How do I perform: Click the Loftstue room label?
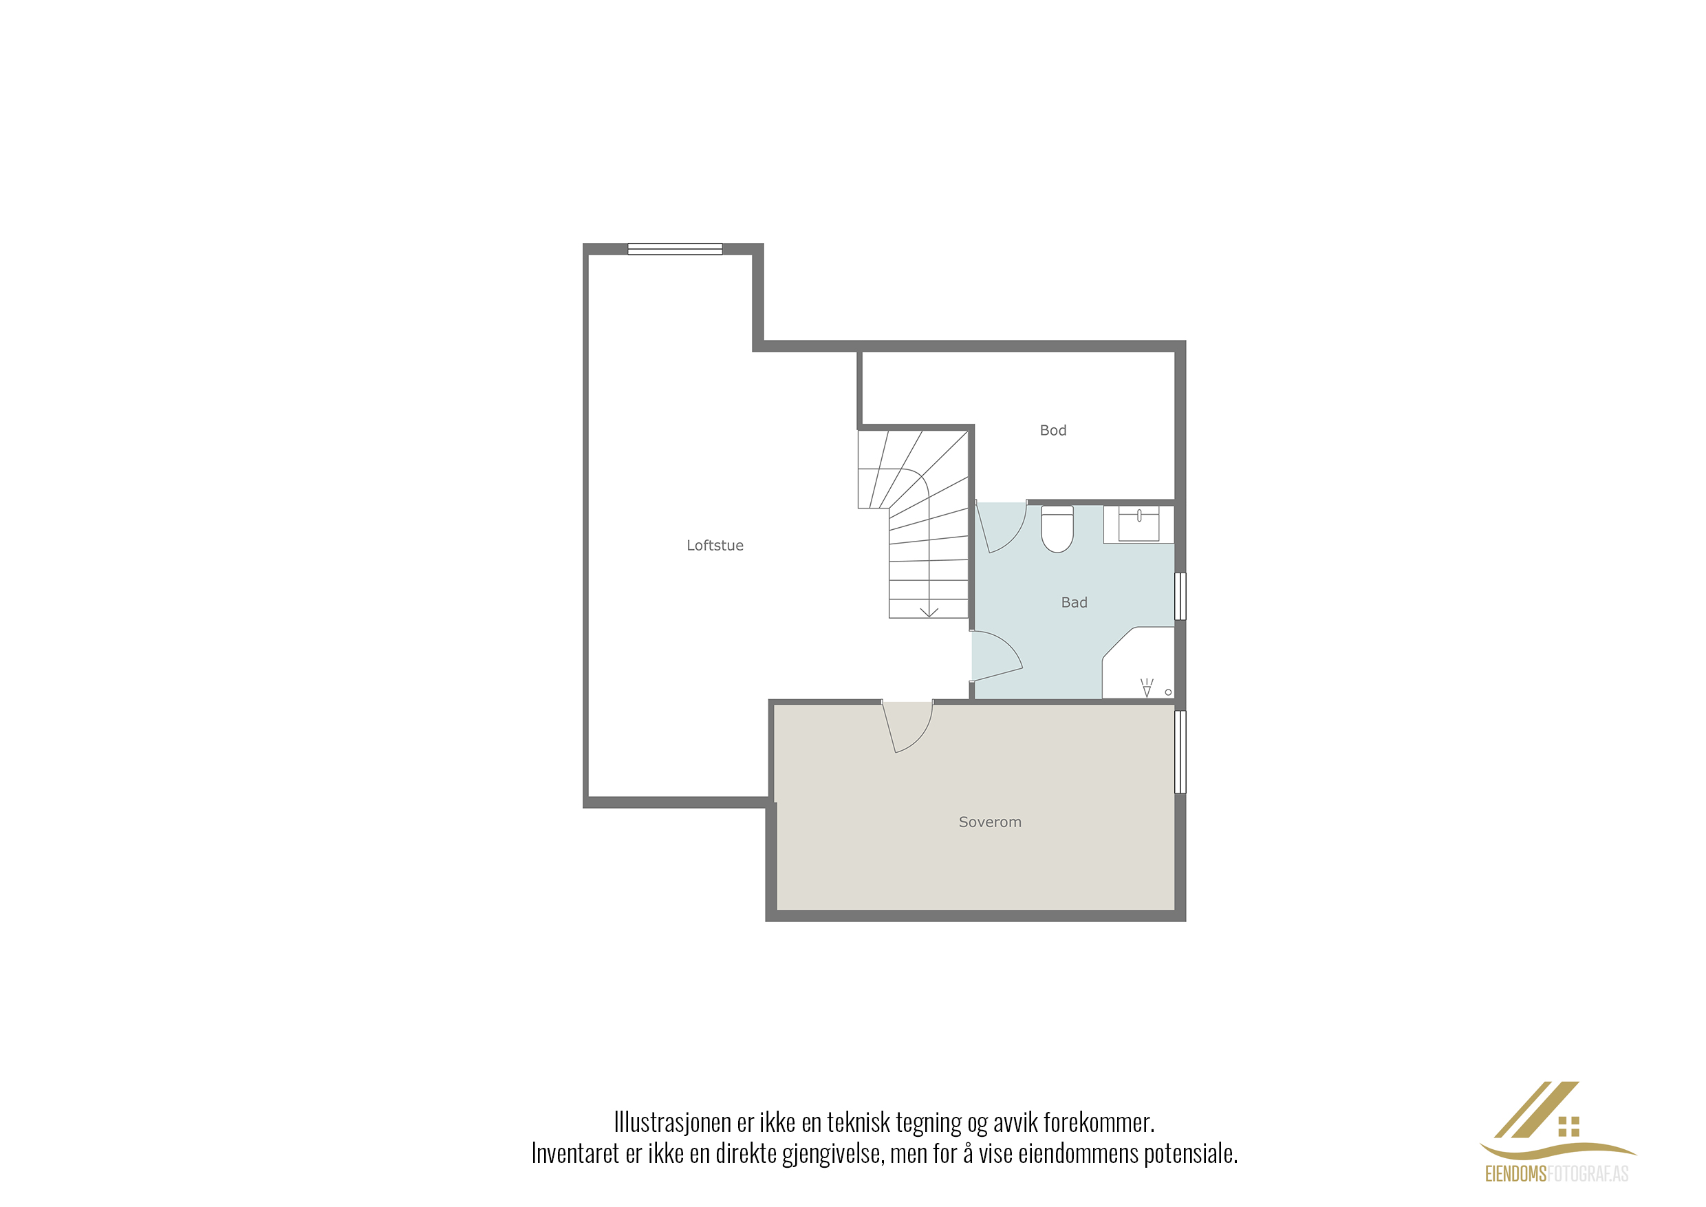(x=715, y=546)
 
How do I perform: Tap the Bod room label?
(x=1053, y=430)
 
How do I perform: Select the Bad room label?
(x=1074, y=603)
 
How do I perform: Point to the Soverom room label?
(x=990, y=822)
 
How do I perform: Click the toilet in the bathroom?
(x=1057, y=529)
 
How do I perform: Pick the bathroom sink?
(x=1138, y=524)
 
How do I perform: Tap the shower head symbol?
(x=1147, y=687)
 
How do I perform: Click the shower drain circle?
(x=1168, y=693)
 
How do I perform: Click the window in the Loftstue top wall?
(x=675, y=249)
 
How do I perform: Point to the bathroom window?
(x=1180, y=596)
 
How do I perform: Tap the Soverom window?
(x=1180, y=752)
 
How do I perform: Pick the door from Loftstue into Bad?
(x=996, y=656)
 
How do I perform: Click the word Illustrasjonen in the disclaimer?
(x=673, y=1122)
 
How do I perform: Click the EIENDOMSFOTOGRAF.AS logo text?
(x=1557, y=1174)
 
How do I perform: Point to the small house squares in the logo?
(x=1568, y=1126)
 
